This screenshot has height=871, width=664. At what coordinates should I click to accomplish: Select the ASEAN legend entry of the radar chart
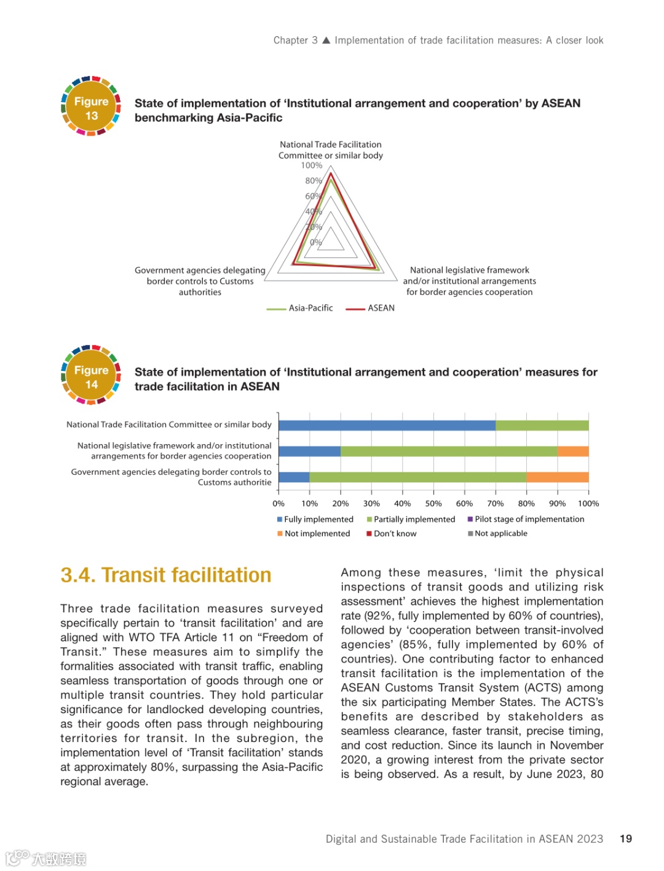370,308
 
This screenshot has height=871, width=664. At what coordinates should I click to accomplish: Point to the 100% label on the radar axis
311,166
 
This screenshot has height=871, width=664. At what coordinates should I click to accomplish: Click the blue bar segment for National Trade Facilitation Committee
387,425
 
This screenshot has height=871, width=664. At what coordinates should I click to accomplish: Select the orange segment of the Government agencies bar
557,477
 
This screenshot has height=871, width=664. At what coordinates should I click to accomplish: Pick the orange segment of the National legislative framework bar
572,451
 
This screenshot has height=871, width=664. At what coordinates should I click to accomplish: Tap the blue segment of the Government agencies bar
294,477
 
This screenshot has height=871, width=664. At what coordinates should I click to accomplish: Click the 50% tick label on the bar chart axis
433,504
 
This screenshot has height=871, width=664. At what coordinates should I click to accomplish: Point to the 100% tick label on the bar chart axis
588,504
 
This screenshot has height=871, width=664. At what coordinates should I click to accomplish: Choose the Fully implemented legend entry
315,520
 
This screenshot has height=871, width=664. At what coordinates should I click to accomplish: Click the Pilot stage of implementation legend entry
526,520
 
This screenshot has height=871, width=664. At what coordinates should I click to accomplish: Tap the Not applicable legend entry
497,534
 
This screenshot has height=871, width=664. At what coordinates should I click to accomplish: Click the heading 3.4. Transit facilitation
166,575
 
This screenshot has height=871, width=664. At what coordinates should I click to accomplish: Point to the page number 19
626,839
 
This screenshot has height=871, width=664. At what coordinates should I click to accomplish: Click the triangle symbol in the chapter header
326,41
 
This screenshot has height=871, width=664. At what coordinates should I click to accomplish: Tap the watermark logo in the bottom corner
46,858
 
